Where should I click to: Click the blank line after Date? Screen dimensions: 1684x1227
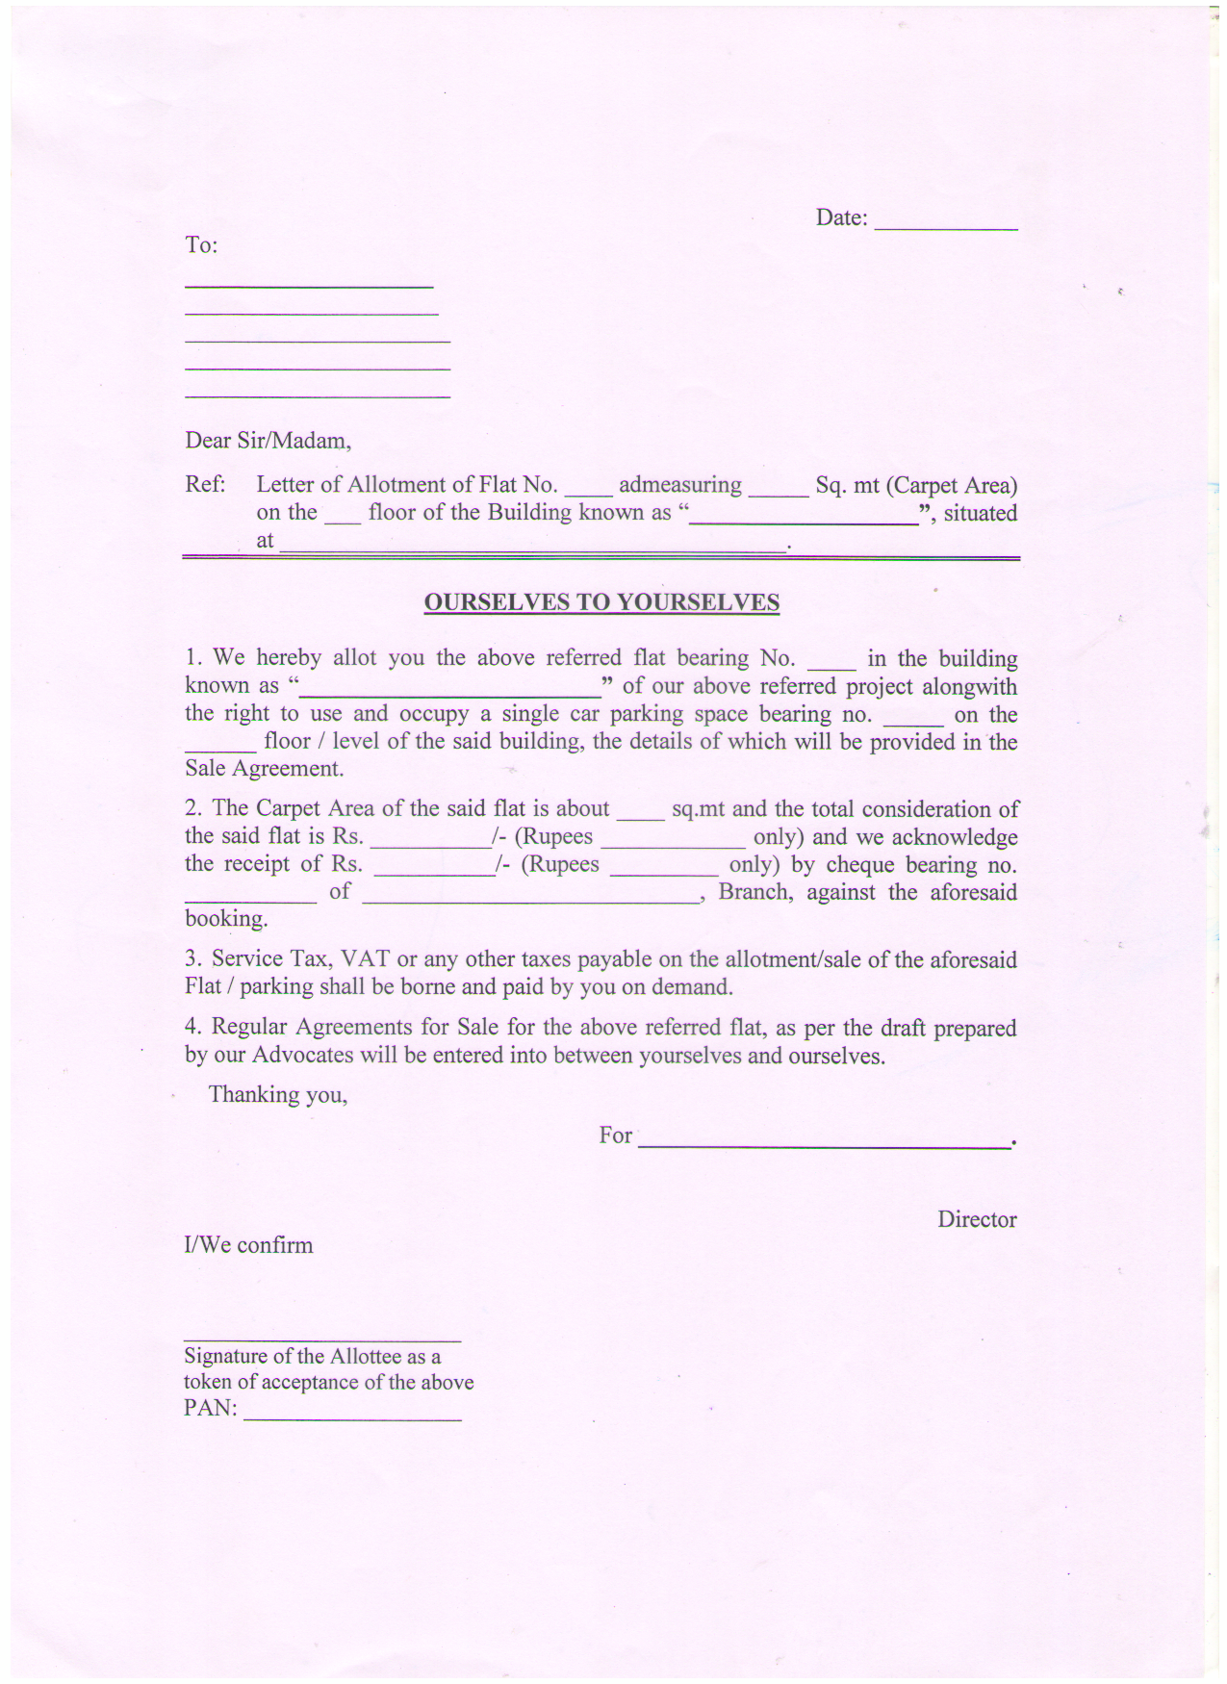[x=945, y=226]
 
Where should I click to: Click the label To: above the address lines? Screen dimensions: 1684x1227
[x=201, y=245]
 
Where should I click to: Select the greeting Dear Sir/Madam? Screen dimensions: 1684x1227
[x=268, y=441]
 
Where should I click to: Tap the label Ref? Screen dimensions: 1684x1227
[x=204, y=484]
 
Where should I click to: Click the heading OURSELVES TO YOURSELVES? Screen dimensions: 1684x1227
[x=601, y=602]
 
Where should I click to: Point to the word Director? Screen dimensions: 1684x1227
[x=977, y=1219]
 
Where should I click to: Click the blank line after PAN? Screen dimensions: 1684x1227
[x=352, y=1416]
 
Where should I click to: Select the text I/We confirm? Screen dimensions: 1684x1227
[x=248, y=1245]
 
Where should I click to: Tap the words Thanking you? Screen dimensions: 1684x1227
[x=278, y=1094]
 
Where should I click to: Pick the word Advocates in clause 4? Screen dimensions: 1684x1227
[x=302, y=1055]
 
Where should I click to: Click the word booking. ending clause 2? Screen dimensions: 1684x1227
[x=226, y=919]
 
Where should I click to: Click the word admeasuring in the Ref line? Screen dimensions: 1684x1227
[x=679, y=485]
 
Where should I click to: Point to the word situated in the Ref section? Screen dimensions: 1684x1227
[x=980, y=513]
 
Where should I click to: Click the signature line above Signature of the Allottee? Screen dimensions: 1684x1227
[x=322, y=1339]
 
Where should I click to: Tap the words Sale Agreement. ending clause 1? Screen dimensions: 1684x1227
[x=264, y=769]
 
